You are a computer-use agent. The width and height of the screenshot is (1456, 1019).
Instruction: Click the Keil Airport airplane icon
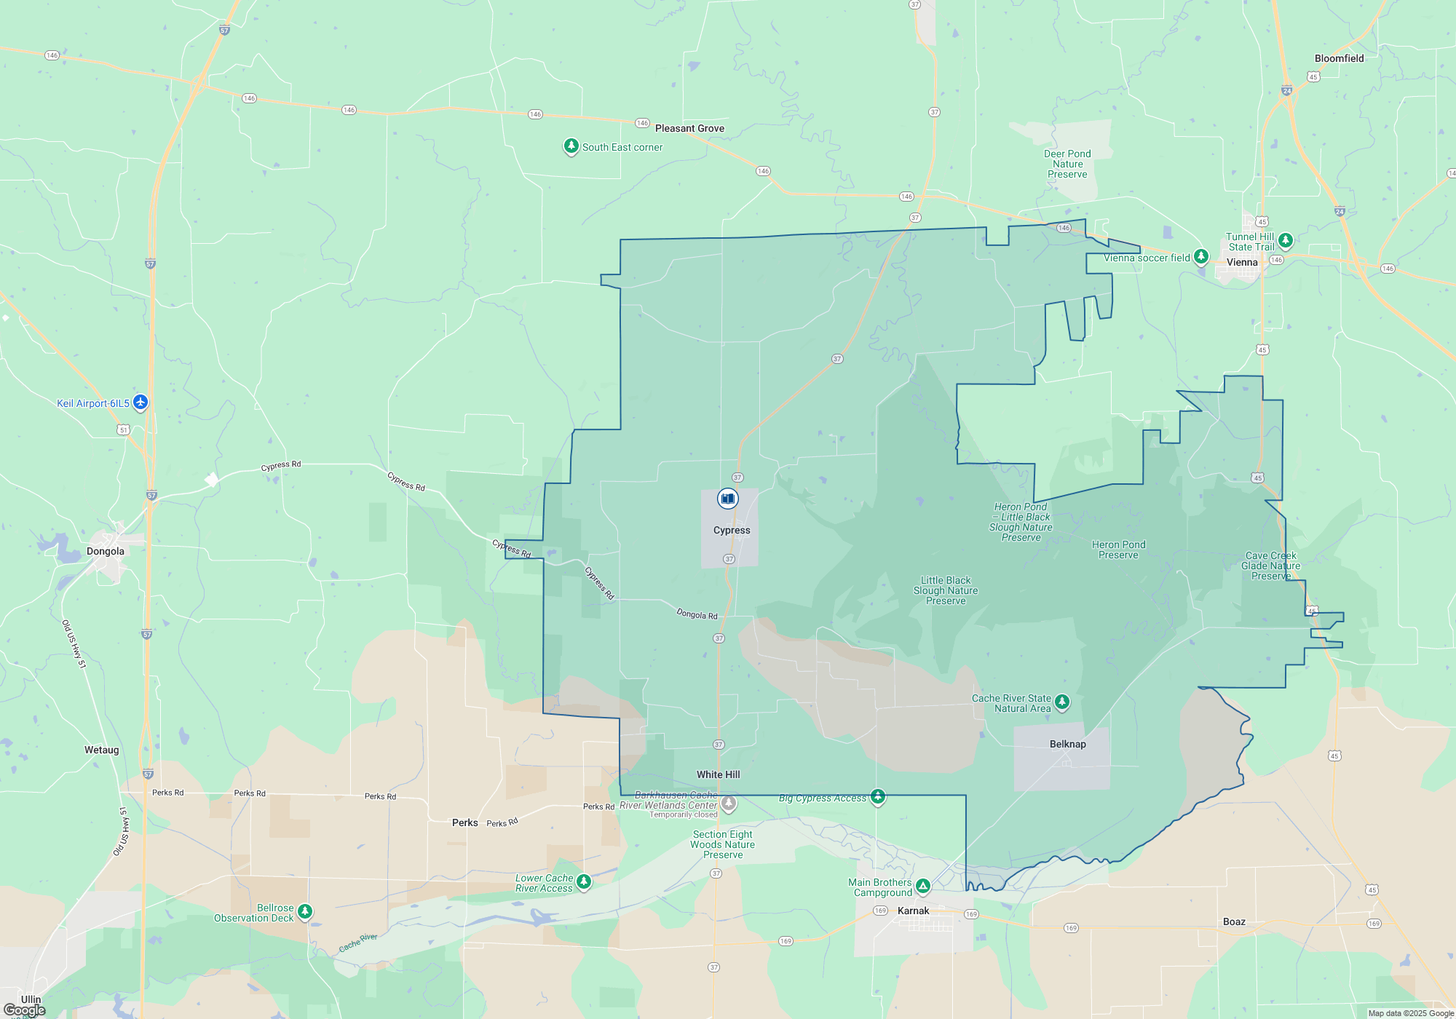tap(141, 402)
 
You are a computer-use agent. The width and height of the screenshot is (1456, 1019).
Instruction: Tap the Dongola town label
tap(106, 552)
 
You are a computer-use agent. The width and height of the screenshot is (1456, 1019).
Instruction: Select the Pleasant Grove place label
tap(689, 129)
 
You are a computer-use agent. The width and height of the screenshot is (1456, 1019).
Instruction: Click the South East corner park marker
tap(571, 146)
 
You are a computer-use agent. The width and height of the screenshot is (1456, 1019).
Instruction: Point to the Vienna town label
tap(1242, 263)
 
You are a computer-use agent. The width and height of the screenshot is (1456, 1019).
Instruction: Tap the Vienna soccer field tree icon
tap(1201, 256)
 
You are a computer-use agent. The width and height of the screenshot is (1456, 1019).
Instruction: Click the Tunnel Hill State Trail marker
tap(1286, 239)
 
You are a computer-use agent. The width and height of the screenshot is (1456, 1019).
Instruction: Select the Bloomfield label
tap(1339, 59)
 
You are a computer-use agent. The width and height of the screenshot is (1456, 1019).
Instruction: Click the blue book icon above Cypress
tap(727, 499)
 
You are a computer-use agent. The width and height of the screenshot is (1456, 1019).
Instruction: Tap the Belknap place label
tap(1067, 745)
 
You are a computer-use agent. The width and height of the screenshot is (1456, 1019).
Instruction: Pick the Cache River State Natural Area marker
tap(1062, 702)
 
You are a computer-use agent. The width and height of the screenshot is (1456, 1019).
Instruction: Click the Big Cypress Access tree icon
tap(878, 796)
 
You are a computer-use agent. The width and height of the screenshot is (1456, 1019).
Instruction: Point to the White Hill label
tap(718, 775)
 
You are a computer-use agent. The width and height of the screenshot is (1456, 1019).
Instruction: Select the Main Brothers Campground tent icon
tap(923, 886)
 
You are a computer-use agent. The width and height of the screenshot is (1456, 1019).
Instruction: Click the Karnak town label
tap(913, 911)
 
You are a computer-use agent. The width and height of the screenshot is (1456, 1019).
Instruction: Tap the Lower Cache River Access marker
tap(584, 881)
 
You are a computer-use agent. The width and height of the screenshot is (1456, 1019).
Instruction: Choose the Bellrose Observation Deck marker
tap(305, 911)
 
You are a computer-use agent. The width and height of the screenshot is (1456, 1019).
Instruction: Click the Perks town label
tap(464, 823)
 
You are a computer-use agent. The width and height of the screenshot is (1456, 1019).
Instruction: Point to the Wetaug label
tap(101, 750)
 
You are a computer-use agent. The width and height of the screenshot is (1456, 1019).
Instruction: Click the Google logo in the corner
tap(25, 1010)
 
